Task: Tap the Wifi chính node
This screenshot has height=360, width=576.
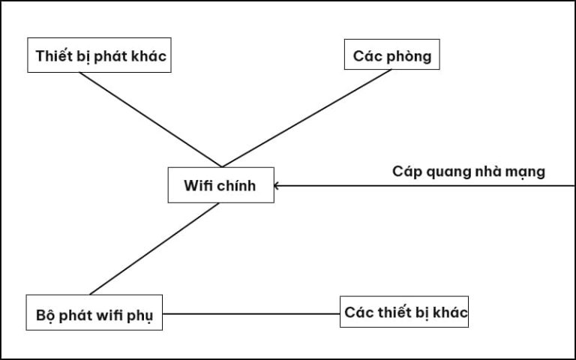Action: point(220,185)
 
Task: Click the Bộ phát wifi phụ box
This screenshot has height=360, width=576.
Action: point(94,314)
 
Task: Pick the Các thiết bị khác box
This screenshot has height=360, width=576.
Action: point(405,312)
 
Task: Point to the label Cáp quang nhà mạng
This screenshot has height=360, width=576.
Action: point(469,171)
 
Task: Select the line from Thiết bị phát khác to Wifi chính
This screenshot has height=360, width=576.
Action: point(150,120)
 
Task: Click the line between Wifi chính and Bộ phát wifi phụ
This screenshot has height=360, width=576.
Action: point(154,248)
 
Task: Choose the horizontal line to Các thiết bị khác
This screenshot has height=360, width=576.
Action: point(251,314)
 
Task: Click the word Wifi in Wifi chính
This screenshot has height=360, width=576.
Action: point(199,185)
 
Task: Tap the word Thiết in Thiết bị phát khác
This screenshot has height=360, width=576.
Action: point(52,56)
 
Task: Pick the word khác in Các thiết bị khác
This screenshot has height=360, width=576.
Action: point(451,312)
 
